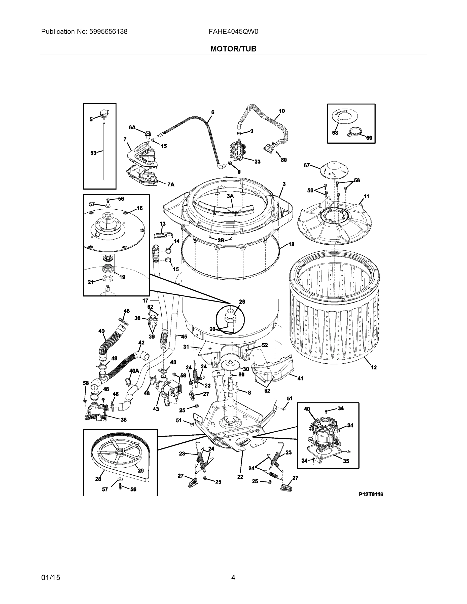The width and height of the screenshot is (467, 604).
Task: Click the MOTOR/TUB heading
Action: pos(233,49)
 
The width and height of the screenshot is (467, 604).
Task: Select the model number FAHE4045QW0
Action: pos(233,32)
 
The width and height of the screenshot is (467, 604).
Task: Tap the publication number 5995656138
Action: pos(108,32)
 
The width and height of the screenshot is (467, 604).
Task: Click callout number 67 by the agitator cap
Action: pos(307,165)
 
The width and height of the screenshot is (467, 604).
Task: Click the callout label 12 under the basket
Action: pos(374,367)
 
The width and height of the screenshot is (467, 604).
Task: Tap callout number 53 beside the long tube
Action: pos(93,153)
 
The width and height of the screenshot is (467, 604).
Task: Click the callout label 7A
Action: pos(171,184)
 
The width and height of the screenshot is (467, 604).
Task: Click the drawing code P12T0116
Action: pos(371,494)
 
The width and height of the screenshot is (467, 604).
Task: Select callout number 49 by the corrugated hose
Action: pos(101,331)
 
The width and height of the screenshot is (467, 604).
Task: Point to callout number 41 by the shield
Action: pos(300,378)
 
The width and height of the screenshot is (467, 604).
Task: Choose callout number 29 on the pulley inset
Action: pos(140,470)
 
